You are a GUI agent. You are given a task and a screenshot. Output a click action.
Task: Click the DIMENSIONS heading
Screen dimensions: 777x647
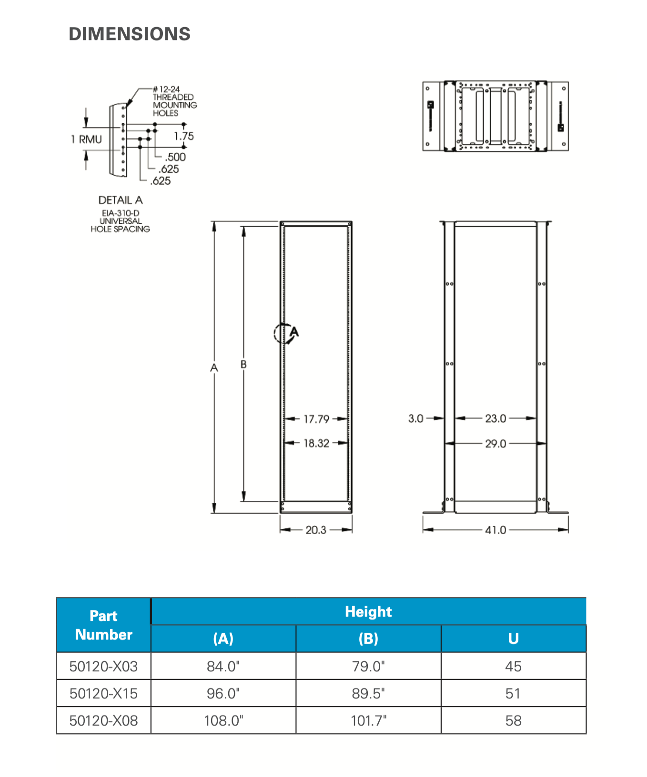130,34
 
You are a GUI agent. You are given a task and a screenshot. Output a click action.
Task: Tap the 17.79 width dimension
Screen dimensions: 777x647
316,419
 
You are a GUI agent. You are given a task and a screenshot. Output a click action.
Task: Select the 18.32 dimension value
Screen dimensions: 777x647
316,443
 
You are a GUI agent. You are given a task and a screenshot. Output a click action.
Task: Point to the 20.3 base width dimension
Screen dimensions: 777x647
316,530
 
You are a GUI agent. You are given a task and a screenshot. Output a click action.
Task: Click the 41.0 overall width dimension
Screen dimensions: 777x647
495,530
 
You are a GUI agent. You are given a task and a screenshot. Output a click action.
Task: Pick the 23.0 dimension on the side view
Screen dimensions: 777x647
495,418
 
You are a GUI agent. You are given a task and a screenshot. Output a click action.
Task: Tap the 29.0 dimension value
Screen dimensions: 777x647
495,444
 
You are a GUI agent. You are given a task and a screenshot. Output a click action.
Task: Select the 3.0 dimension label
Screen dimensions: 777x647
415,418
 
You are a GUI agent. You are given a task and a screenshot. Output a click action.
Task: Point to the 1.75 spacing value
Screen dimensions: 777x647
184,137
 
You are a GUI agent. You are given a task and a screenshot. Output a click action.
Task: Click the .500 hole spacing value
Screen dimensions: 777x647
175,157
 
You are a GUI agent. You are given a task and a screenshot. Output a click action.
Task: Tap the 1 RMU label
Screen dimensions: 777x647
87,139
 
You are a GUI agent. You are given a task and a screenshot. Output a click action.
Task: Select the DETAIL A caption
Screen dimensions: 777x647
121,200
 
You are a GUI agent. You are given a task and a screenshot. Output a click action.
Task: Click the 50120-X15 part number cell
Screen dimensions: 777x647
103,693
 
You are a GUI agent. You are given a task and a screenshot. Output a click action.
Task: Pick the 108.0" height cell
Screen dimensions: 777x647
223,720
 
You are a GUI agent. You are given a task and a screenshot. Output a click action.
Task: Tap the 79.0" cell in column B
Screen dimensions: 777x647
368,666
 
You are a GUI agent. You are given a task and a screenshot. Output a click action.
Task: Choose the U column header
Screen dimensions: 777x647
513,638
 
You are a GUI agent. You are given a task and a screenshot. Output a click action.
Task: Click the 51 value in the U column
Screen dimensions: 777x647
513,693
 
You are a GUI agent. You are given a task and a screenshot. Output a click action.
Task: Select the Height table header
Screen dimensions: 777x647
368,612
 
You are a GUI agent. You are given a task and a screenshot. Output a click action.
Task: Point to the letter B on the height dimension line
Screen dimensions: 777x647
243,364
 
